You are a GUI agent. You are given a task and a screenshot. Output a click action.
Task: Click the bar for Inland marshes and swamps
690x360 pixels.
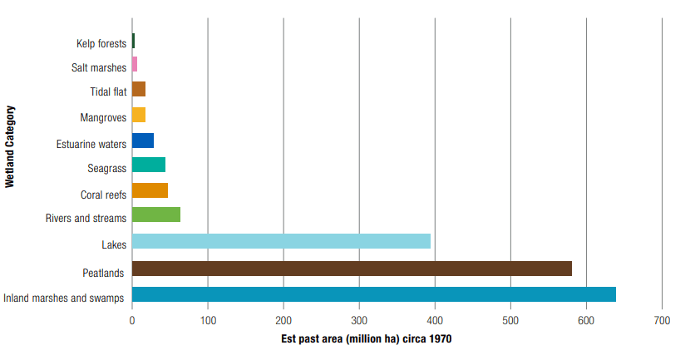pos(373,294)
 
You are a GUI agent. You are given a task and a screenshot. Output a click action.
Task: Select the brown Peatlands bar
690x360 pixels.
pos(352,269)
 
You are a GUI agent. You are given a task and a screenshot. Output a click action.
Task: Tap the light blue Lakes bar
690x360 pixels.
pos(281,241)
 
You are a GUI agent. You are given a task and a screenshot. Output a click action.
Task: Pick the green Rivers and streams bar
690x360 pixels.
pos(156,215)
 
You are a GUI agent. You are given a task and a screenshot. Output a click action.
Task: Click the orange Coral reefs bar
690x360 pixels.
pos(150,190)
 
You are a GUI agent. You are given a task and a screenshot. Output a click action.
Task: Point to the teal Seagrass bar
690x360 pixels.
pos(149,165)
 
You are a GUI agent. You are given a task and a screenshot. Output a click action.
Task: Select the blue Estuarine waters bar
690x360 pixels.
pos(143,140)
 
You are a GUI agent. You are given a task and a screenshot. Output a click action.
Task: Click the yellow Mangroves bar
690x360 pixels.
pos(139,115)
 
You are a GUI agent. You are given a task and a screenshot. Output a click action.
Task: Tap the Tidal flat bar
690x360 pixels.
pos(139,89)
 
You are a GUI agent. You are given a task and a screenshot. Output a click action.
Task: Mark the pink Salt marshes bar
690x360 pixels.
pos(135,64)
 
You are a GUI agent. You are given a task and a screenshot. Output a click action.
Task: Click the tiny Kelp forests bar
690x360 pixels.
pos(133,41)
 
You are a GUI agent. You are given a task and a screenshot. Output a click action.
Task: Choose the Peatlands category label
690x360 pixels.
pos(104,273)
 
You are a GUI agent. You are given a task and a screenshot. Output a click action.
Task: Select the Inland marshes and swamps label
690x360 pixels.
pos(64,298)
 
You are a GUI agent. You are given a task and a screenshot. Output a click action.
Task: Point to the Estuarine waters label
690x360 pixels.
pos(91,144)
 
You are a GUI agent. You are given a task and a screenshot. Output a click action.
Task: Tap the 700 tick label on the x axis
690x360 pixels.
pos(662,320)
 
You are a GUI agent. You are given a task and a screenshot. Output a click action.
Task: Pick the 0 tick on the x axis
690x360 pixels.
pos(132,320)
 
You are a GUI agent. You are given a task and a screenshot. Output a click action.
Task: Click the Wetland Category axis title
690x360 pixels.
pos(10,145)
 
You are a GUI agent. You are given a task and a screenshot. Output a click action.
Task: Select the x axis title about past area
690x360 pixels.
pos(366,339)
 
